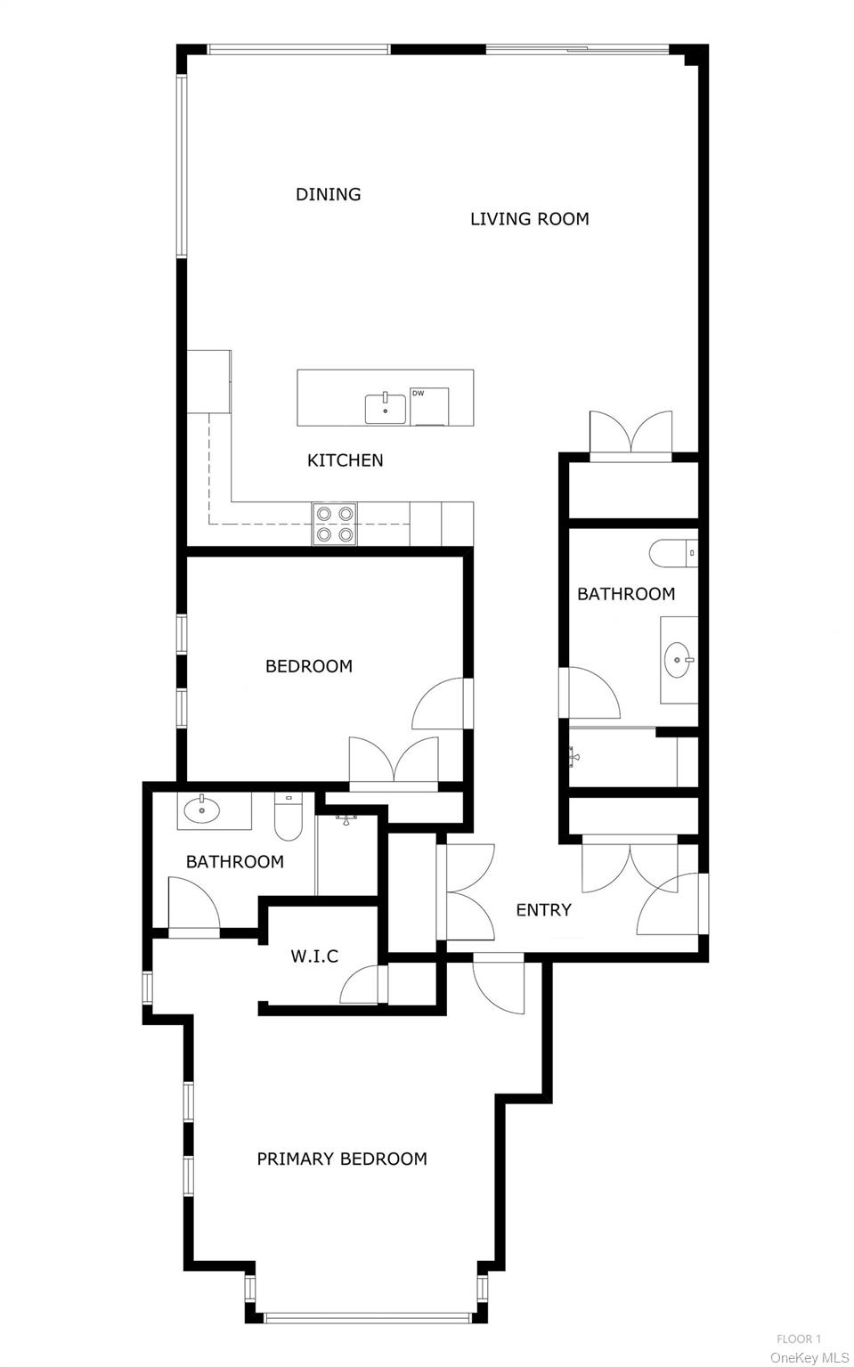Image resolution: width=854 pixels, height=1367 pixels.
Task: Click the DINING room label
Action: [x=328, y=194]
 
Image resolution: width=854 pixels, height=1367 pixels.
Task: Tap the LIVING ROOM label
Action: [x=529, y=219]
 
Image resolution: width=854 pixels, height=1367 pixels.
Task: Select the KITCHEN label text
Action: [x=345, y=460]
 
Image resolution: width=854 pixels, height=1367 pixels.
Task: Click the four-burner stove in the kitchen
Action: [x=335, y=524]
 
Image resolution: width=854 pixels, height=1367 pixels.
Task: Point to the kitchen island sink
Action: [x=386, y=409]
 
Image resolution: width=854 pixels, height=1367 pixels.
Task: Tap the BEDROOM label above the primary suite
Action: [x=308, y=666]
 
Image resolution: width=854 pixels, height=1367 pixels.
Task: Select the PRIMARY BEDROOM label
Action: [x=342, y=1159]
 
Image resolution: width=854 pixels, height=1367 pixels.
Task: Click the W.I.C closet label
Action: [x=314, y=956]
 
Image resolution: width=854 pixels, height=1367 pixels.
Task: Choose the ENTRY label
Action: [x=543, y=910]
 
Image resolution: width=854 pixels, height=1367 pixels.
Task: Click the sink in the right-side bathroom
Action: [x=679, y=660]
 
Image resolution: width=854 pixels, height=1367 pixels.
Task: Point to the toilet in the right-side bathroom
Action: [x=671, y=554]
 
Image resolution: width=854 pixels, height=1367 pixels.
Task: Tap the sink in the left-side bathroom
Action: [x=202, y=810]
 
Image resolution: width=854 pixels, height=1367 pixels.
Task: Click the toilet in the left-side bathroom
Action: [x=289, y=818]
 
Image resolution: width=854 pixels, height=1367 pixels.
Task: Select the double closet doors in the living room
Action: [x=630, y=434]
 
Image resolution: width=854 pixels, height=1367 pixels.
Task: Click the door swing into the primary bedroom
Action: [x=499, y=984]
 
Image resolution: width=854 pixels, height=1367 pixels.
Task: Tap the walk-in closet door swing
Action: [x=362, y=986]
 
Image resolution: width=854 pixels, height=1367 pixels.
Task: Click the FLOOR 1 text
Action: [x=798, y=1339]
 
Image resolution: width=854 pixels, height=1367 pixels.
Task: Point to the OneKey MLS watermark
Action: [x=809, y=1357]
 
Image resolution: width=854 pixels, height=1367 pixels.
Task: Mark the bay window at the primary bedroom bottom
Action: [x=367, y=1314]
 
